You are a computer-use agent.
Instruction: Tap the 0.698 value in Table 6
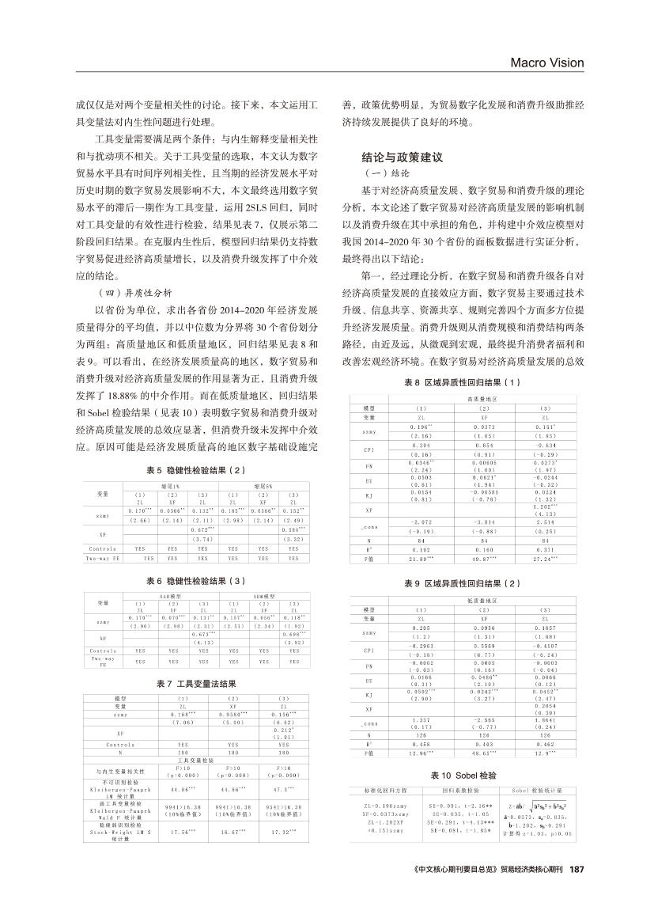293,635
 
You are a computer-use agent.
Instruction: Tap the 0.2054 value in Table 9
544,704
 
